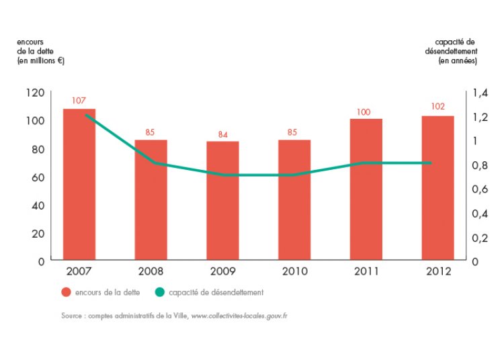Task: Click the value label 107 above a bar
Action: coord(79,101)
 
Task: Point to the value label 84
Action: coord(223,135)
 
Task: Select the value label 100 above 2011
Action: coord(364,112)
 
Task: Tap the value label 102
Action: coord(437,107)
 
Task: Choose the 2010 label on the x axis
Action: coord(295,271)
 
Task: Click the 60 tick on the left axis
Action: coord(38,177)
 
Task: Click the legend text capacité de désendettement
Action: coord(216,292)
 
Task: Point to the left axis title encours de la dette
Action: coord(40,52)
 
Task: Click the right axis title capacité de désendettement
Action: coord(451,52)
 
